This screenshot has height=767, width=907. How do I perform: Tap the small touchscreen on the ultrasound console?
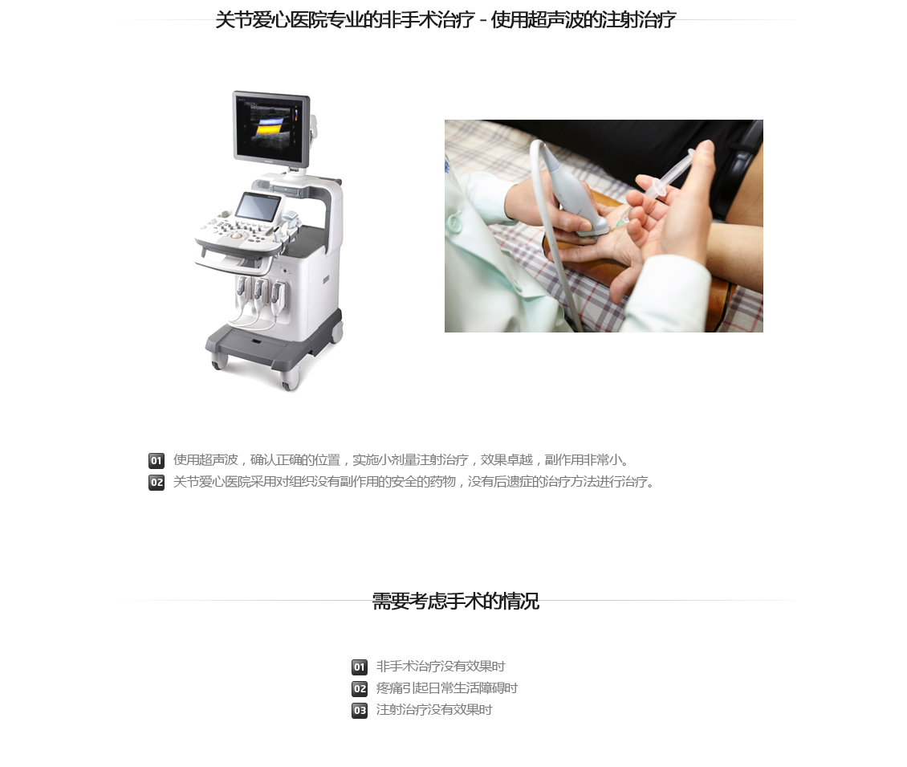pyautogui.click(x=258, y=206)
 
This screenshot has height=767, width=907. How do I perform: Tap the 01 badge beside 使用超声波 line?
pyautogui.click(x=157, y=461)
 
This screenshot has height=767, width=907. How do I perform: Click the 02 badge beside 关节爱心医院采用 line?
pyautogui.click(x=157, y=482)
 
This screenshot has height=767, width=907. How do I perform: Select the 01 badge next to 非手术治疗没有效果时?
pyautogui.click(x=360, y=667)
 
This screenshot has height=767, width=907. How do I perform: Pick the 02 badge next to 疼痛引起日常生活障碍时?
pyautogui.click(x=360, y=688)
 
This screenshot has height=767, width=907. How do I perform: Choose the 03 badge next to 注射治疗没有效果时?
pyautogui.click(x=360, y=710)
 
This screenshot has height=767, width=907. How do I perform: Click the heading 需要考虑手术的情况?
pyautogui.click(x=455, y=602)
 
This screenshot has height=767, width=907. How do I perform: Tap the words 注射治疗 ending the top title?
pyautogui.click(x=638, y=20)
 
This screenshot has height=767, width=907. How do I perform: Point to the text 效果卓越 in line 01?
pyautogui.click(x=506, y=460)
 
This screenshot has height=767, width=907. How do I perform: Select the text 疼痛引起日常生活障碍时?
pyautogui.click(x=446, y=688)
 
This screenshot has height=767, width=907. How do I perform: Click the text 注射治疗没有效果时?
pyautogui.click(x=433, y=710)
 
